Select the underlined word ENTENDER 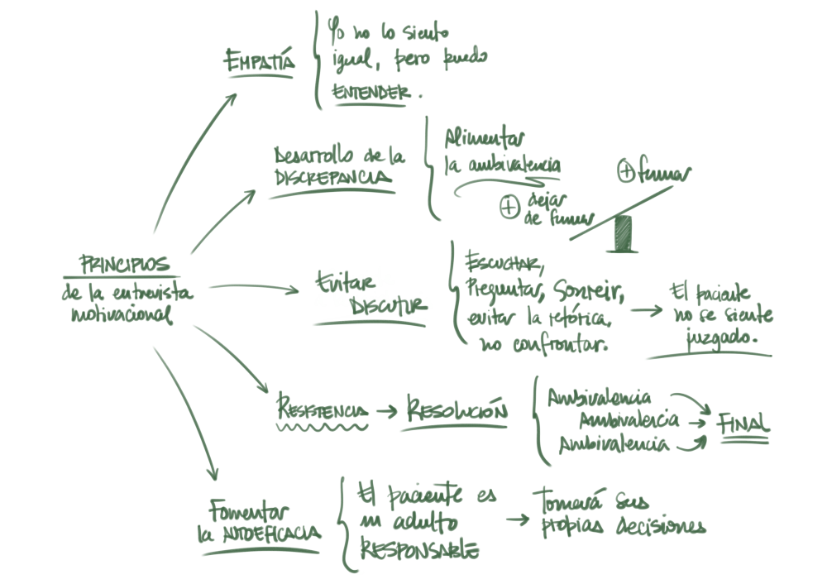pos(370,92)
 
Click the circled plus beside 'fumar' pos(626,172)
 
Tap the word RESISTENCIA pos(322,411)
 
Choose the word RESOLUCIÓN pos(456,409)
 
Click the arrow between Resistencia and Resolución pos(385,410)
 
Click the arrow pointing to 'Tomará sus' pos(517,519)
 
